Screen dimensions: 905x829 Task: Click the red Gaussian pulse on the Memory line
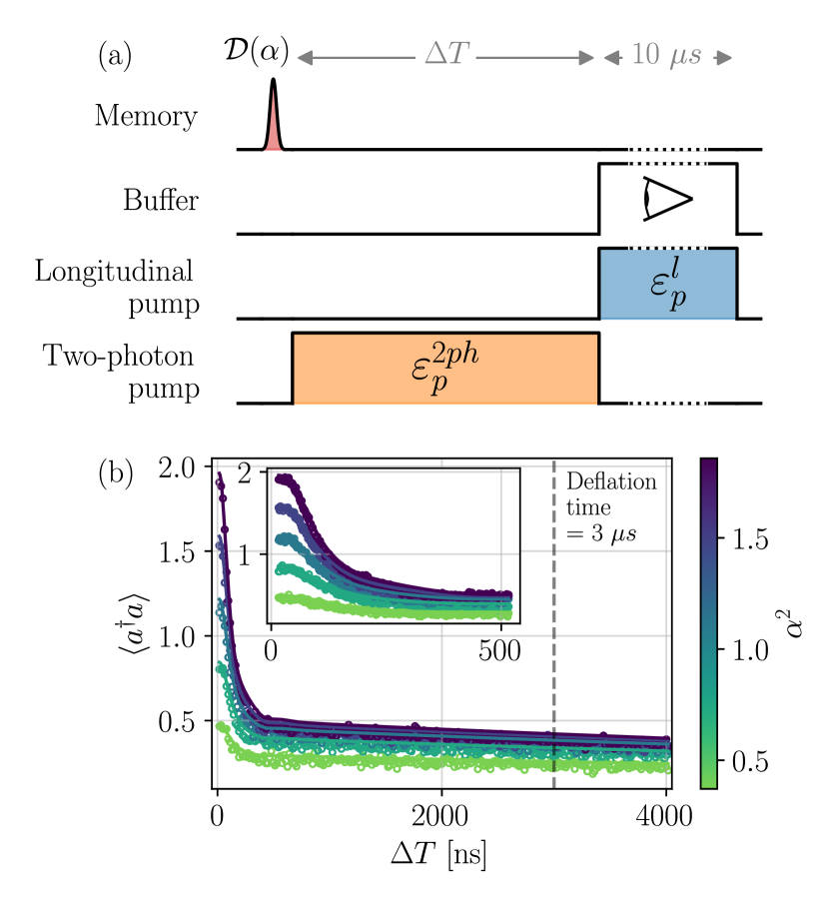pyautogui.click(x=273, y=125)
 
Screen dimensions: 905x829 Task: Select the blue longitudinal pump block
pyautogui.click(x=667, y=284)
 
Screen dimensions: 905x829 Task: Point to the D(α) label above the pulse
pyautogui.click(x=256, y=54)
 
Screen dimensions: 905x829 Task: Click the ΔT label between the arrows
pyautogui.click(x=444, y=56)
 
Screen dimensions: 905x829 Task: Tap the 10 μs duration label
pyautogui.click(x=667, y=56)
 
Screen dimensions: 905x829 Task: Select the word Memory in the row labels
pyautogui.click(x=146, y=116)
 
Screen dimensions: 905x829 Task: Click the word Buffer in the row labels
pyautogui.click(x=161, y=200)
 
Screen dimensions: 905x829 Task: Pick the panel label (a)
pyautogui.click(x=114, y=56)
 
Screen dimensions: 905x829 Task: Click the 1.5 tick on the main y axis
pyautogui.click(x=182, y=552)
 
